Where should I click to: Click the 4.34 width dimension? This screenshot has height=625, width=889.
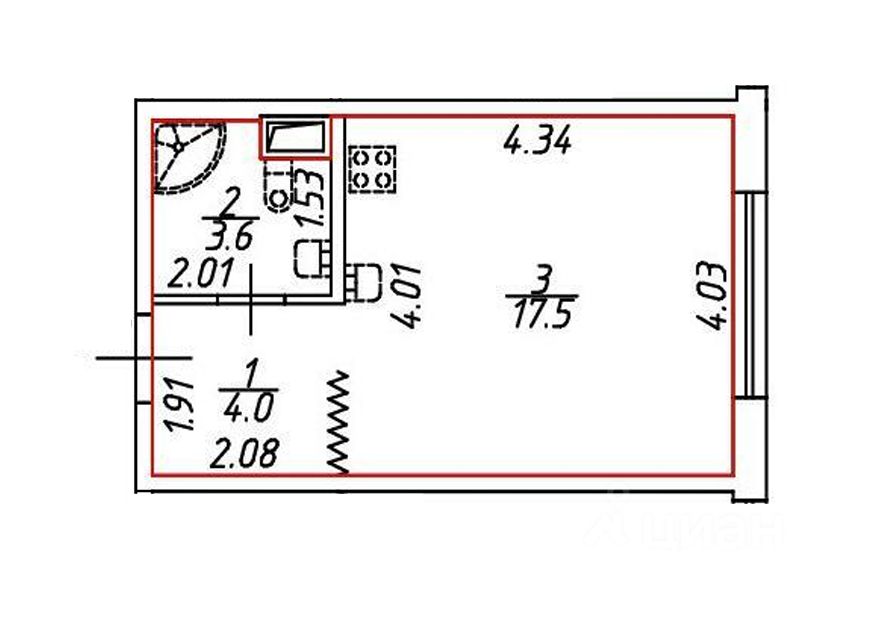537,141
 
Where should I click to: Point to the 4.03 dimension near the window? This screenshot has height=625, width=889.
711,296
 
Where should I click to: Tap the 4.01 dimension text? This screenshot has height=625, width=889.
408,296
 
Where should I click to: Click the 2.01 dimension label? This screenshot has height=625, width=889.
200,274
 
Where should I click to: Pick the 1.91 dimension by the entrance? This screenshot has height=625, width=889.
180,407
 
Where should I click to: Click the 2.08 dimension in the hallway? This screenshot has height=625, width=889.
245,454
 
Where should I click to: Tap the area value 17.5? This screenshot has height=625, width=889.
540,315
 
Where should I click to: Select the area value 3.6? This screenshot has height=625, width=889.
228,236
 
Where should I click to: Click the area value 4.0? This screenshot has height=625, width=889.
249,407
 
